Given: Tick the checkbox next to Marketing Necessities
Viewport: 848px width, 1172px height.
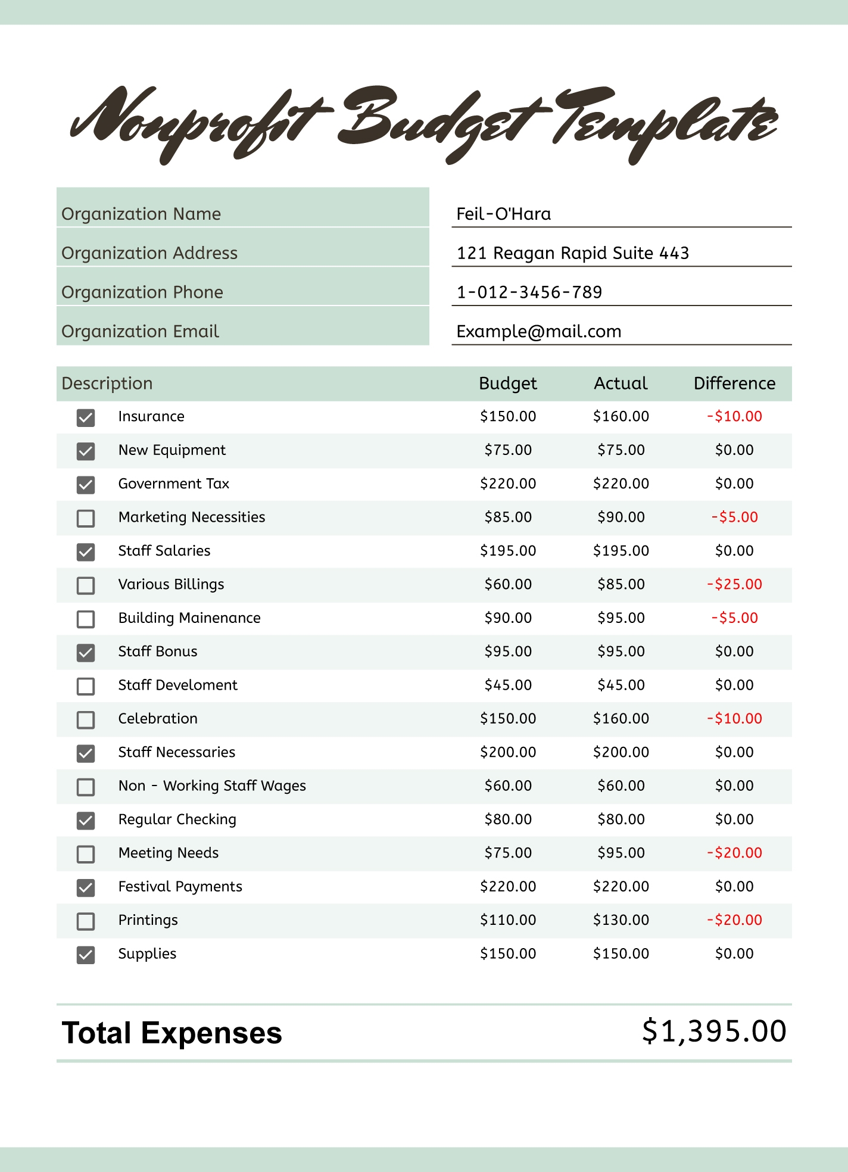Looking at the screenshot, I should pos(86,518).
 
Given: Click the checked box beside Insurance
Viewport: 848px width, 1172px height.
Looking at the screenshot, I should pos(86,417).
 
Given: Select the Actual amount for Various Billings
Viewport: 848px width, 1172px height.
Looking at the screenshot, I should pos(621,584).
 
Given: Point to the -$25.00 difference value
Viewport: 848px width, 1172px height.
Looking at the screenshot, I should pos(734,584).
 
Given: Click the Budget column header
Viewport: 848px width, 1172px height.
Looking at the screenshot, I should pos(507,384).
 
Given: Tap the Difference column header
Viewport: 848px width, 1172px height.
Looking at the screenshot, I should pos(734,384).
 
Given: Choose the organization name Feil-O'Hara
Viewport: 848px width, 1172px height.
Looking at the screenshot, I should pos(503,214).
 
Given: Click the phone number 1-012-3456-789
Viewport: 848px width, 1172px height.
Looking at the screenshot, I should pos(529,292).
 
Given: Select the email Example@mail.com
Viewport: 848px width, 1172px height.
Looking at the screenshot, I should pos(538,332).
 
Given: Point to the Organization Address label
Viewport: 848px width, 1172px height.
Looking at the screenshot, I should pos(149,253).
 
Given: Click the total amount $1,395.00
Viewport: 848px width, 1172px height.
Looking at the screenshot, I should pos(714,1031).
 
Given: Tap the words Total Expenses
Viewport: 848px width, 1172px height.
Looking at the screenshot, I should pos(172,1033).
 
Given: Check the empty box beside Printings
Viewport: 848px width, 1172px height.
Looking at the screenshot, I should pos(86,921).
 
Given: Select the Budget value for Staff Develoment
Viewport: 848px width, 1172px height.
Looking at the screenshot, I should pos(507,685).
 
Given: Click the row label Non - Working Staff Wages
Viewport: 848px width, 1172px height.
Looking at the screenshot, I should pos(212,786).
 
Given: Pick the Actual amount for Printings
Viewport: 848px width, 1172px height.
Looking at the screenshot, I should pos(621,920).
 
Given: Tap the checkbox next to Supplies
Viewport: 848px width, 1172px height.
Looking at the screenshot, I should pos(86,955).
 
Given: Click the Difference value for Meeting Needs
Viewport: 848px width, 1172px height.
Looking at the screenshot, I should pos(734,853).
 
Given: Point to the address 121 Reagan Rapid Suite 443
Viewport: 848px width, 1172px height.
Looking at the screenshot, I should pos(572,253).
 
